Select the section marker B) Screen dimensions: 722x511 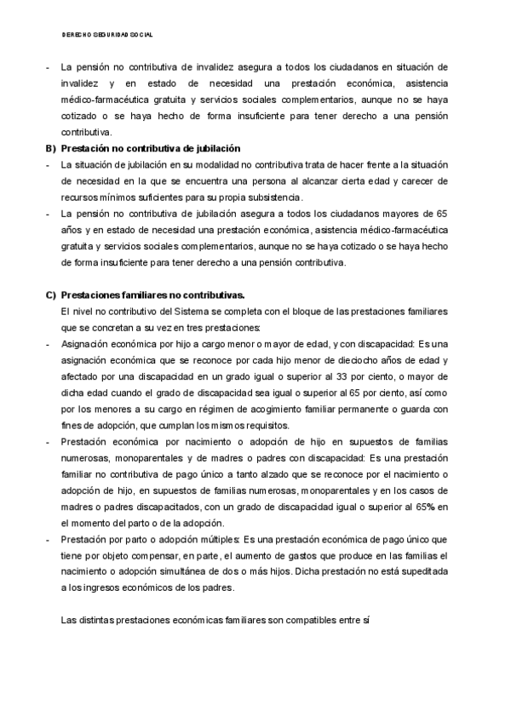coord(50,149)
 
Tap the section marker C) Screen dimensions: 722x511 coord(50,295)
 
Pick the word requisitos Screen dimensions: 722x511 coord(263,425)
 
